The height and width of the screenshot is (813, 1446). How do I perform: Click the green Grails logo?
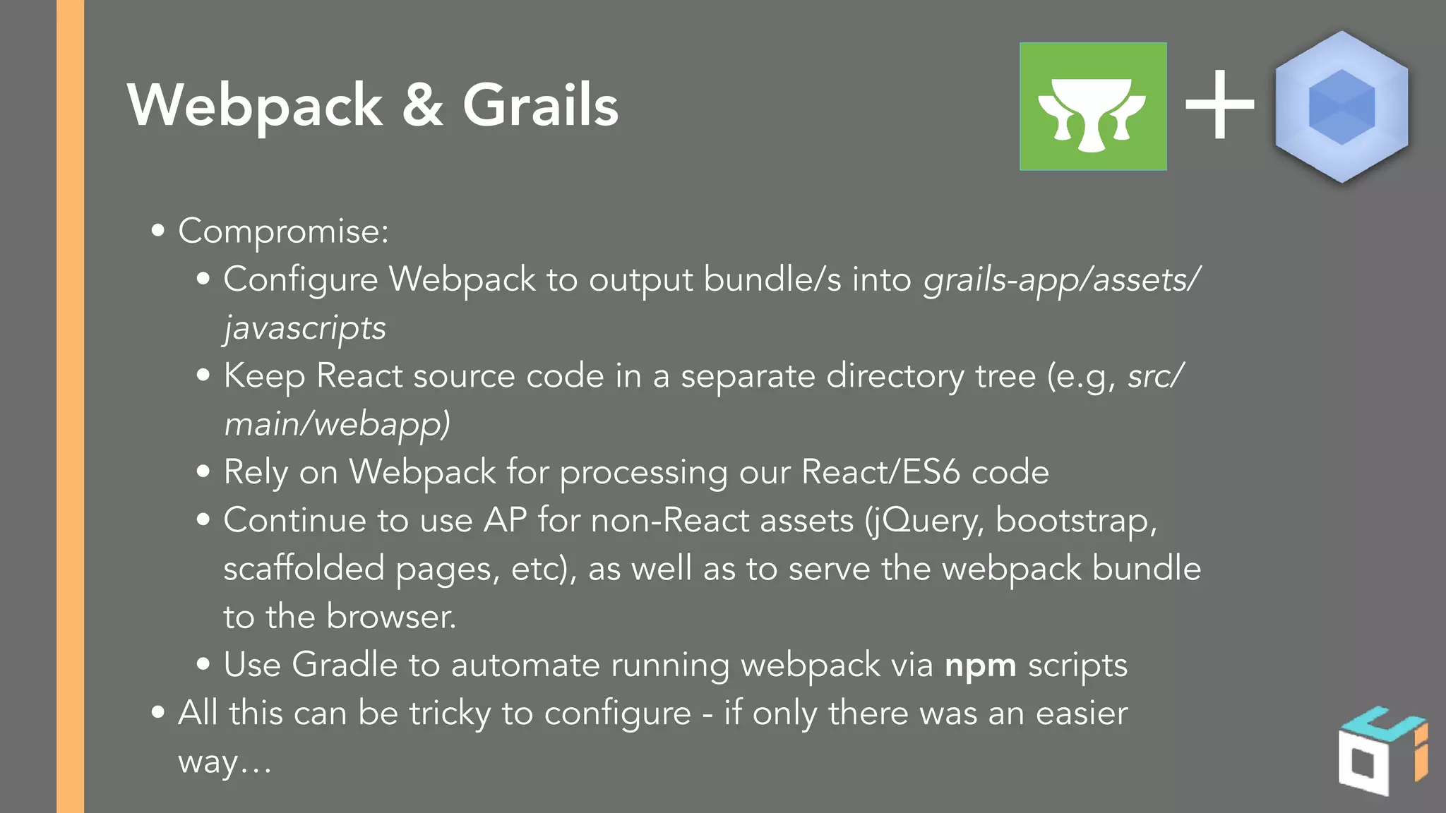(x=1092, y=107)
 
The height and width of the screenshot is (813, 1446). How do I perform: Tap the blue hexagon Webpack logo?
(x=1342, y=107)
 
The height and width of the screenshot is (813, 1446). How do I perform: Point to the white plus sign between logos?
(x=1219, y=106)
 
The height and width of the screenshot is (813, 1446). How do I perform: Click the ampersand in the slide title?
(x=422, y=105)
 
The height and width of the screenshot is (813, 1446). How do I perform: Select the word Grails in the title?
(x=540, y=105)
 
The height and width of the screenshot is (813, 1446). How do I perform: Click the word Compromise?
(x=282, y=231)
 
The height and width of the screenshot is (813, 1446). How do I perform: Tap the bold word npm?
(x=980, y=666)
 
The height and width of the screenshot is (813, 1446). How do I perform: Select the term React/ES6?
(x=880, y=472)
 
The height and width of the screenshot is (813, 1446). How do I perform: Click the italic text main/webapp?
(x=337, y=424)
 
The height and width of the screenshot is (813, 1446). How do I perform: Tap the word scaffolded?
(x=304, y=569)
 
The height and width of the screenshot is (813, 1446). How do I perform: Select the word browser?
(x=390, y=617)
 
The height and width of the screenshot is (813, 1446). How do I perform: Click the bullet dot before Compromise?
(x=158, y=230)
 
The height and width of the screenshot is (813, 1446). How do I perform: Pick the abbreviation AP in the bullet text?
(x=505, y=521)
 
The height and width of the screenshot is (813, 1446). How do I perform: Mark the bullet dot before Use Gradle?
(x=203, y=664)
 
